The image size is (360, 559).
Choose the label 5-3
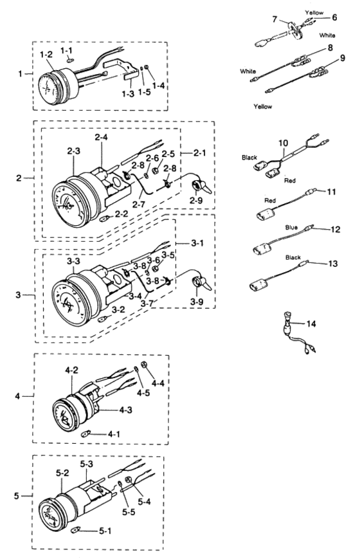tap(87, 464)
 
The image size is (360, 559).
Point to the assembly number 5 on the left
tap(17, 496)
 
